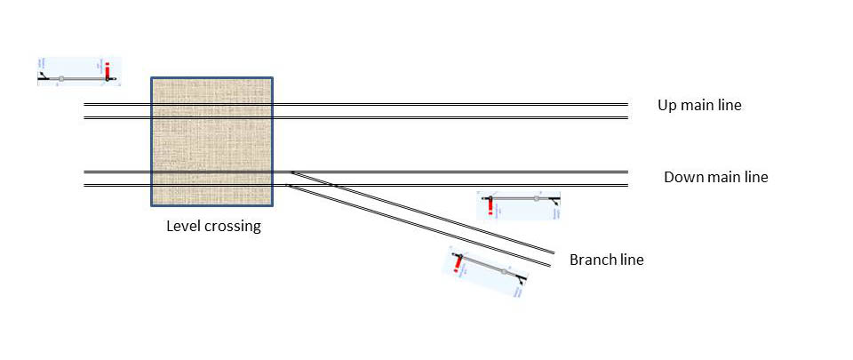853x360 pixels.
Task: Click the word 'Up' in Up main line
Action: pos(667,106)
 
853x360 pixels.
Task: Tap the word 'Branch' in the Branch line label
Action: pos(593,260)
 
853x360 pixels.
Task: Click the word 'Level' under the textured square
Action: pos(184,226)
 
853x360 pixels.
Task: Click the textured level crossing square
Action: pos(211,141)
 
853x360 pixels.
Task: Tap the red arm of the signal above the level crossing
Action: pos(108,70)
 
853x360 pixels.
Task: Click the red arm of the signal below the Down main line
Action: pos(488,207)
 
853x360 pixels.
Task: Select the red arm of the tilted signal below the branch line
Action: pos(458,263)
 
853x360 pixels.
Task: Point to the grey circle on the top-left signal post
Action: pos(61,79)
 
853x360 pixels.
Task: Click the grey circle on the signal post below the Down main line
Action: pos(537,199)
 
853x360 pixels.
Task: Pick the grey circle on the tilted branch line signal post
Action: pos(504,271)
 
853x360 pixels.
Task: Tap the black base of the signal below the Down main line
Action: pos(555,201)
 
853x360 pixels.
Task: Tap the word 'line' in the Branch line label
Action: pos(631,260)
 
